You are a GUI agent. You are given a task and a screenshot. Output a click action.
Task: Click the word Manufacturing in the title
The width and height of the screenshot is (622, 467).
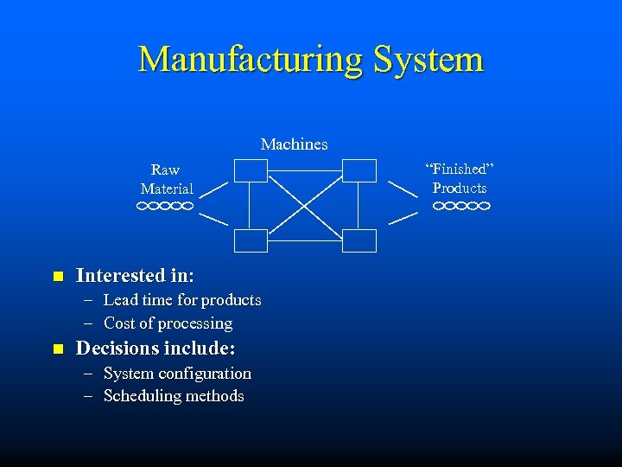[251, 59]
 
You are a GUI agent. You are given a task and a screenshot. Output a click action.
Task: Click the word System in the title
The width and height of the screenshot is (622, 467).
[428, 59]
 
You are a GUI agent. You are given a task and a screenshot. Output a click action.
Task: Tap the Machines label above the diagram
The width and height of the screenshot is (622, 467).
[294, 144]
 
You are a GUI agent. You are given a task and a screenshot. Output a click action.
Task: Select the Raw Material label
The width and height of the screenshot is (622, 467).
[167, 179]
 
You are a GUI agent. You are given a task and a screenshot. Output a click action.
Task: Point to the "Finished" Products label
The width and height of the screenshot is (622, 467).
[460, 178]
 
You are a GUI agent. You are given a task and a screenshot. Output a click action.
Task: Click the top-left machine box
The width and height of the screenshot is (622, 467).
[251, 170]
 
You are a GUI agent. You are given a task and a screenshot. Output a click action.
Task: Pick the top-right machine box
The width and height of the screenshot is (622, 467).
[359, 170]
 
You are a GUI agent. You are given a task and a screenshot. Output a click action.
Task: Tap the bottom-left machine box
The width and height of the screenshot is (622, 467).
[251, 240]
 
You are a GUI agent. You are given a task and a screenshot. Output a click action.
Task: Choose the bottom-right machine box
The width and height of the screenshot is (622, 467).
[359, 240]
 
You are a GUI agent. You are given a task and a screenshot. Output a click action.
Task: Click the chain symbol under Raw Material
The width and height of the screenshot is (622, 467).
[164, 207]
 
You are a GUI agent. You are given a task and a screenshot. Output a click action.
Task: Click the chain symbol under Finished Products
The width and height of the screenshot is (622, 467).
[461, 207]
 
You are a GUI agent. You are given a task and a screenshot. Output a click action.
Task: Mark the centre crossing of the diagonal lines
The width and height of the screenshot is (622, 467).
[305, 206]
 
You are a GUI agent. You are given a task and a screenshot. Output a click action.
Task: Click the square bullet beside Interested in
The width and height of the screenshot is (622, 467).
[58, 277]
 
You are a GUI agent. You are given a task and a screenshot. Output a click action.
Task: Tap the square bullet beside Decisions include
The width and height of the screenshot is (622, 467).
[58, 349]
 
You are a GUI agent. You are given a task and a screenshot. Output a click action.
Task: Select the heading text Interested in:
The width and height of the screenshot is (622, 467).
[135, 276]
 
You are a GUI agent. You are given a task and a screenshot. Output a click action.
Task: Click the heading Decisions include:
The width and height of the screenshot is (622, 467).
[155, 349]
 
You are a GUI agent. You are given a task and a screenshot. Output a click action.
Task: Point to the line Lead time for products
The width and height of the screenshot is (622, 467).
[181, 300]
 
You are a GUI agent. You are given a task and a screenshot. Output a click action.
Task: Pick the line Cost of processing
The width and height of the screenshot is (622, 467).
[168, 323]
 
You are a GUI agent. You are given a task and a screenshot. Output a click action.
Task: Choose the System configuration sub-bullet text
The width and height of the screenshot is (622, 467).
[177, 374]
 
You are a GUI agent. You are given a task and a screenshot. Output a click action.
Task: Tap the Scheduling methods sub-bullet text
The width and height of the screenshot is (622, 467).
[174, 396]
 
